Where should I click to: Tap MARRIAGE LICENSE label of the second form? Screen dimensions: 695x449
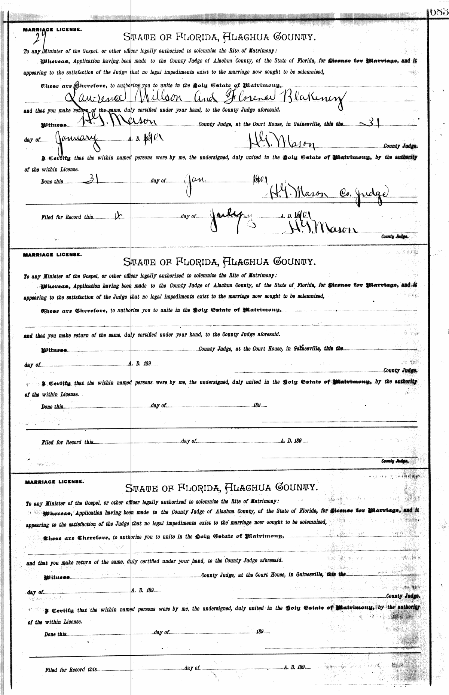pyautogui.click(x=53, y=254)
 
